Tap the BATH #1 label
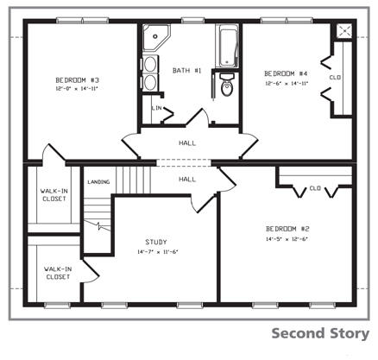(x=186, y=70)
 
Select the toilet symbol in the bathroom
(x=227, y=87)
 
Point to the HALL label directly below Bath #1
(x=186, y=143)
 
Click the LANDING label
(x=98, y=181)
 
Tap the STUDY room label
(x=156, y=242)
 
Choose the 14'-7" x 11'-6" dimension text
(x=156, y=251)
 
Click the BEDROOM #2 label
(x=287, y=229)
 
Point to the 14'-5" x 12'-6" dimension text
(x=287, y=239)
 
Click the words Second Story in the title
(x=320, y=333)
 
